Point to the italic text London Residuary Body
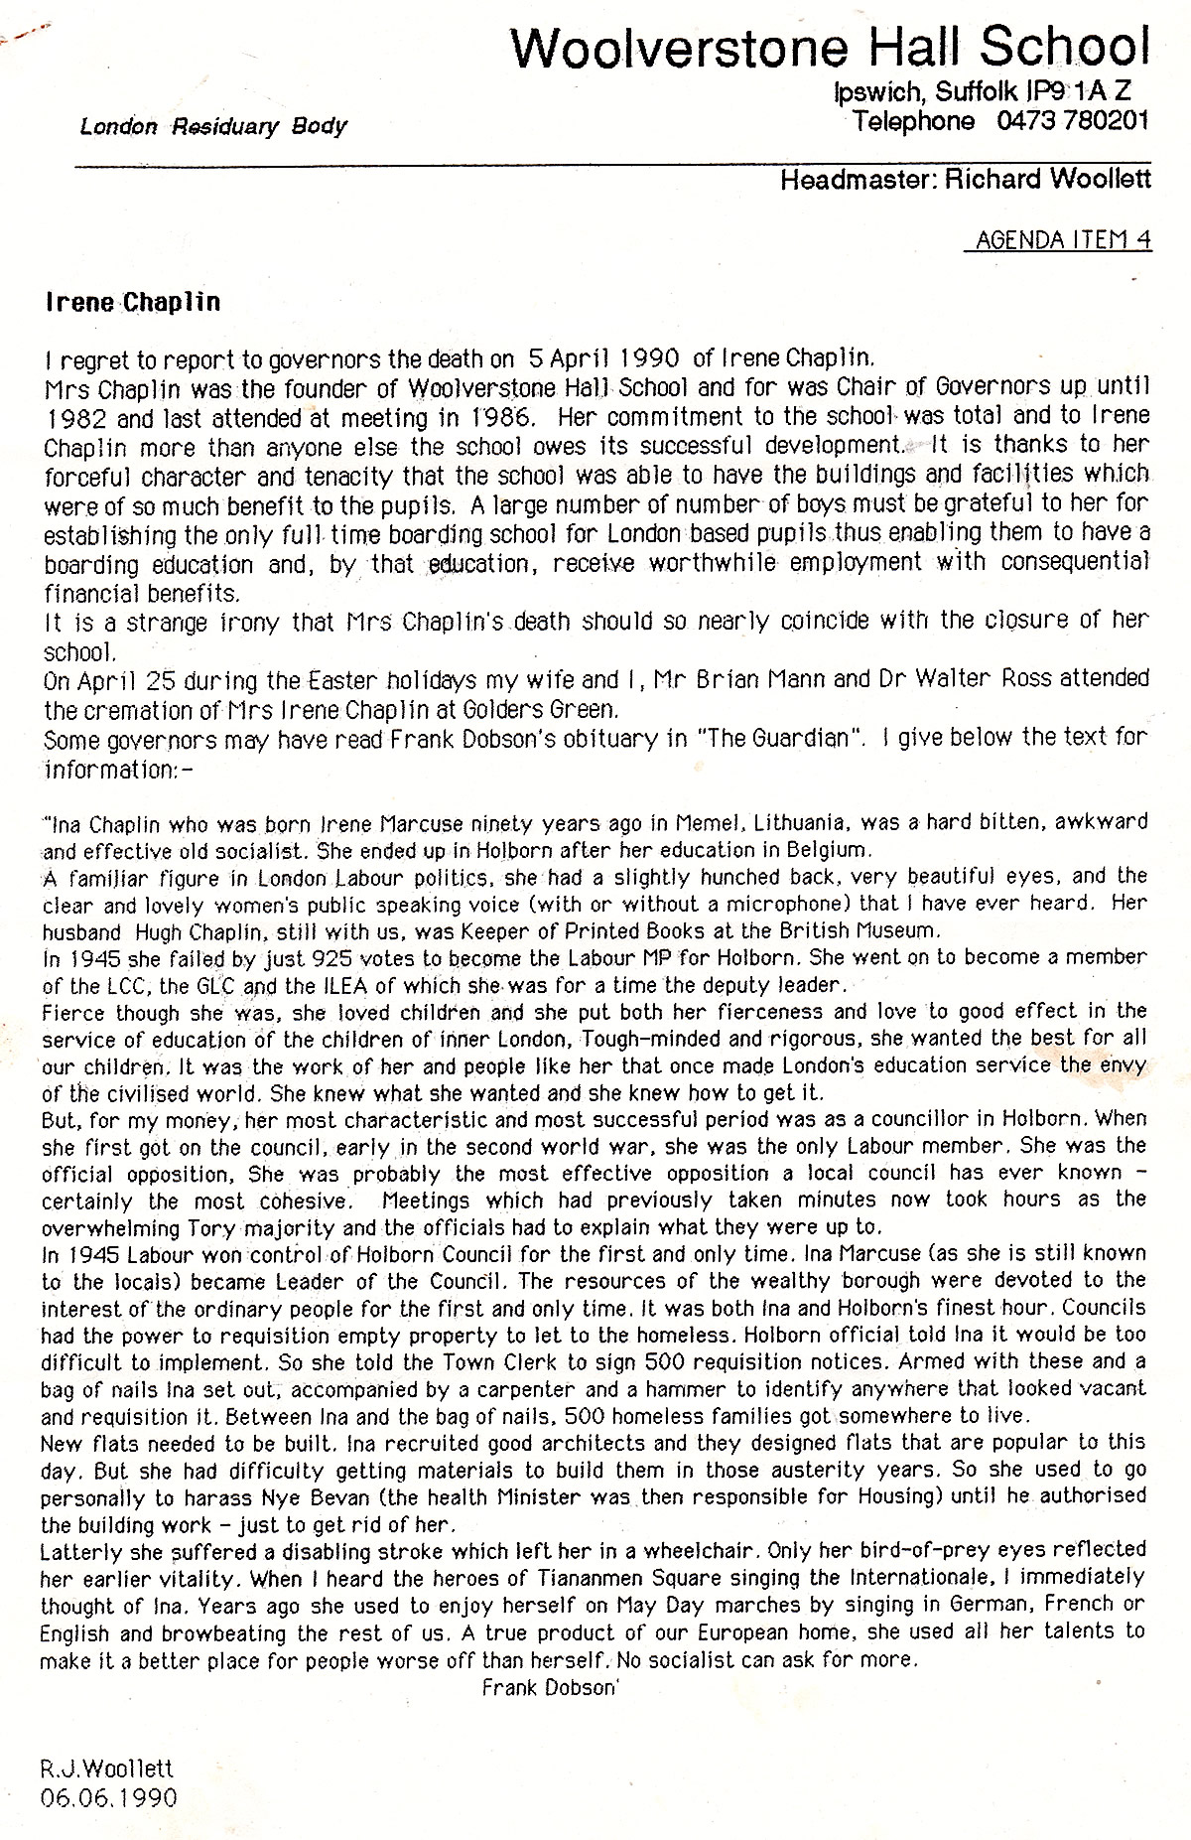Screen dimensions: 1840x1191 213,126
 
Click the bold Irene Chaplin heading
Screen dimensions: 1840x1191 133,303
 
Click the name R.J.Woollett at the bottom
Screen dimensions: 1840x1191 107,1768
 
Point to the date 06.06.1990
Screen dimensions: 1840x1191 109,1797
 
